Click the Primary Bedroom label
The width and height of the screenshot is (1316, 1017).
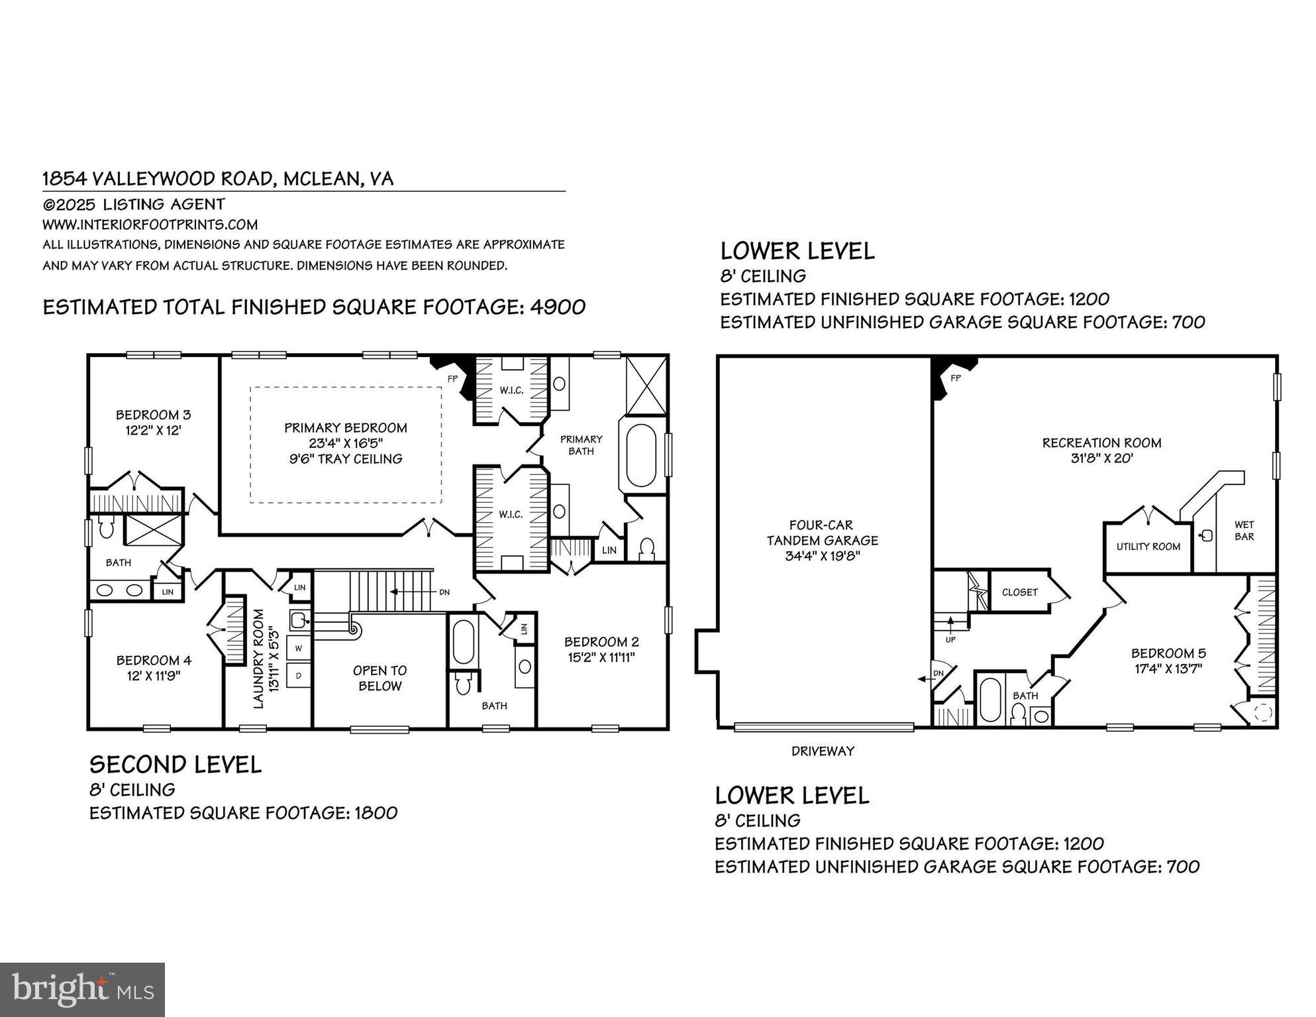pos(346,428)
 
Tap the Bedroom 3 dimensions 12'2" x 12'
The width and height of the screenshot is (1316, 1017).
pos(153,430)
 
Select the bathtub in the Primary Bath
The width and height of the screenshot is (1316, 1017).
pos(640,455)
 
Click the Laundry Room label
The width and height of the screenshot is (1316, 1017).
pos(259,659)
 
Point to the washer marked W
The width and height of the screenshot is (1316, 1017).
pos(299,648)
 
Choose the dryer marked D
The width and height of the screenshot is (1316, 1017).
pos(299,676)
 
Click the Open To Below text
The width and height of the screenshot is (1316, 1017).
pos(380,678)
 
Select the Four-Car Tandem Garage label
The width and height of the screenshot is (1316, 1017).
pos(822,540)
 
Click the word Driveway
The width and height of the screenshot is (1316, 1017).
pos(823,751)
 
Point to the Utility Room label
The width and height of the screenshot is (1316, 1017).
pos(1148,547)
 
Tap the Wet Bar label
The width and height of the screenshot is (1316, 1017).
pos(1244,530)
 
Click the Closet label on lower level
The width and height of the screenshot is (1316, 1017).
pos(1019,592)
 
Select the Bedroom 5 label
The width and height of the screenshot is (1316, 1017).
pos(1168,653)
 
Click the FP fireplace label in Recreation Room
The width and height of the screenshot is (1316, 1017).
pos(955,378)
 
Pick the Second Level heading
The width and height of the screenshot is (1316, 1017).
pos(176,765)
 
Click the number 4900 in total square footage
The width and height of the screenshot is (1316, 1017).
pos(557,307)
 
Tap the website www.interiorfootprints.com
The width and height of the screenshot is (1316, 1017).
pos(150,225)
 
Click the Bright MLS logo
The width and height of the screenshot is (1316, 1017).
pos(82,990)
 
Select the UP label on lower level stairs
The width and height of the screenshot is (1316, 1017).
pos(950,639)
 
